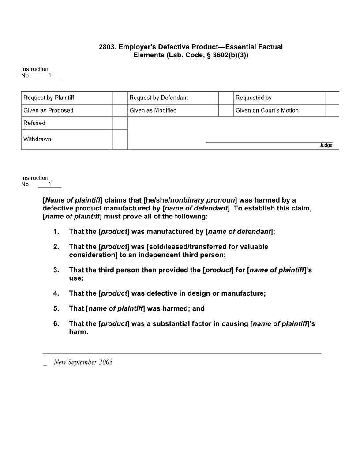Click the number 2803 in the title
coord(107,47)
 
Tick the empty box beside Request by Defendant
coord(226,98)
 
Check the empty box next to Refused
coord(120,123)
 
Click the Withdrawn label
coord(37,139)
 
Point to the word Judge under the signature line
coord(326,145)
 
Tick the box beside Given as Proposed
coord(120,110)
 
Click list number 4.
coord(56,293)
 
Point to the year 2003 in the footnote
coord(105,362)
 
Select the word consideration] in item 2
coord(93,255)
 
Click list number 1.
coord(56,231)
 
